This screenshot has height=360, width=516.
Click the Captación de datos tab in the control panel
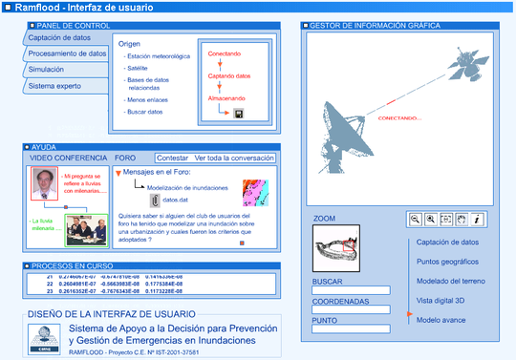click(60, 37)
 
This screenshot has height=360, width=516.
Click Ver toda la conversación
click(234, 158)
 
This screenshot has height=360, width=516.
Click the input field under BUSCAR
click(351, 291)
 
